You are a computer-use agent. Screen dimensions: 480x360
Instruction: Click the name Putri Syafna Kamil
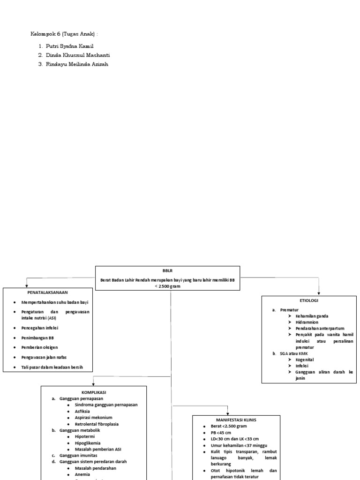70,46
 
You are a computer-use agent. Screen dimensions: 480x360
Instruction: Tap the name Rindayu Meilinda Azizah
77,64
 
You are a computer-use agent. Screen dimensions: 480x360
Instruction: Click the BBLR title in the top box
167,271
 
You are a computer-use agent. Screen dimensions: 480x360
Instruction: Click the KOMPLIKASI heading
94,391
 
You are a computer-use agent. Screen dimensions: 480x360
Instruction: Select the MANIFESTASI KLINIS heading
236,420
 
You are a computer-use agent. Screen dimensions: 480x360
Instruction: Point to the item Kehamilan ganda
312,316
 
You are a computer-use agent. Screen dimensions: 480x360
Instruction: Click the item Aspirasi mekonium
93,417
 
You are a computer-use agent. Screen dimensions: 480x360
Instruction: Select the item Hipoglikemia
87,442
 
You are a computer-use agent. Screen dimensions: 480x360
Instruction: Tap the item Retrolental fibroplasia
97,424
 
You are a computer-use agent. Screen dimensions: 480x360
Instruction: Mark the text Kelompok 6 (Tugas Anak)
64,34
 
